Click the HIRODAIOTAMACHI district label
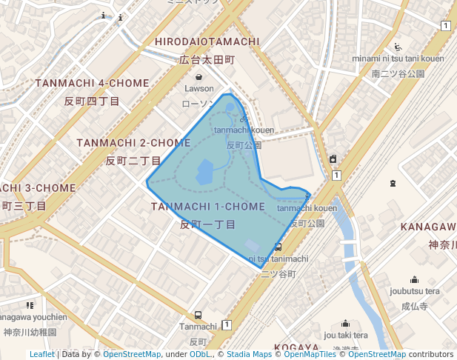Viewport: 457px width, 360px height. [x=207, y=42]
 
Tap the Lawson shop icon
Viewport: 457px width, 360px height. [x=199, y=77]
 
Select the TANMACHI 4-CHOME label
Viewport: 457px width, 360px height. [x=82, y=83]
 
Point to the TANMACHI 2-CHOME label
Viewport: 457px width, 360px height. [x=133, y=142]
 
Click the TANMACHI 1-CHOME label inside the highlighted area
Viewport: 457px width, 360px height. [x=207, y=206]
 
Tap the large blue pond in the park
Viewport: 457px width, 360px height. [x=205, y=173]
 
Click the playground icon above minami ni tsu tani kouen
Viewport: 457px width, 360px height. [x=399, y=46]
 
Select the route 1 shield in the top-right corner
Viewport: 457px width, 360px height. [x=444, y=26]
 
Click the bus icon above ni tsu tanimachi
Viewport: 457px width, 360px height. [x=278, y=247]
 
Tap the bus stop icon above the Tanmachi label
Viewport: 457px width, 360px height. [x=198, y=315]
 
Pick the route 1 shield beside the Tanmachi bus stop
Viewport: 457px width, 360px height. [x=226, y=324]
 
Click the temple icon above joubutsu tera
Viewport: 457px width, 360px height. [x=414, y=280]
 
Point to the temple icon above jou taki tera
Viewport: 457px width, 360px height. [x=345, y=323]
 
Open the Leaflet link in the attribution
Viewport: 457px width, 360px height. [x=41, y=355]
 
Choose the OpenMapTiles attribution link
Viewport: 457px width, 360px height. [x=310, y=355]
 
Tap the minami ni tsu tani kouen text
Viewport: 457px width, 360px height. [x=388, y=59]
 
